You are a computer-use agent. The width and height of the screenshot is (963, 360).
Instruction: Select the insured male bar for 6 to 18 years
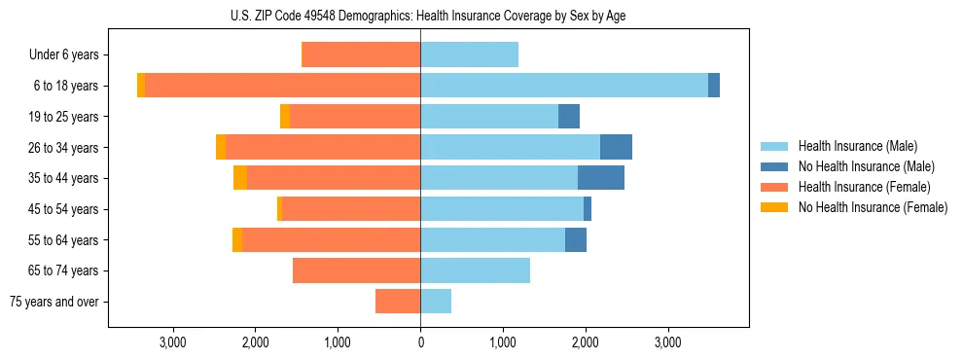(x=564, y=86)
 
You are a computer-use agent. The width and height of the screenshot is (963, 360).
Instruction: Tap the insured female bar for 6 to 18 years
(x=282, y=86)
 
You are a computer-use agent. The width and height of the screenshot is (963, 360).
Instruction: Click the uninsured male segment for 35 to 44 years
(x=601, y=178)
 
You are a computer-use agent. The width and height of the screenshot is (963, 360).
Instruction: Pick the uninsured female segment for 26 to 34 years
(x=221, y=147)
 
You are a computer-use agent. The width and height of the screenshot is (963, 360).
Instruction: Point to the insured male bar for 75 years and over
(x=436, y=302)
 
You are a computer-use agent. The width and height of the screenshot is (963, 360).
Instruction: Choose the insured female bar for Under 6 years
(x=361, y=54)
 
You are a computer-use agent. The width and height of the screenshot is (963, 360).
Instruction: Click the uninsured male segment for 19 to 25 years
(x=569, y=117)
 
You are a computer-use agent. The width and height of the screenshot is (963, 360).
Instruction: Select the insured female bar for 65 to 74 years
(x=356, y=270)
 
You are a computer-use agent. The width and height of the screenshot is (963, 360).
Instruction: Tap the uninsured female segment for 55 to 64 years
(x=237, y=239)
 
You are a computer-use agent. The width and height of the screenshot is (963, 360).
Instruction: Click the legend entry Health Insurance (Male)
(x=857, y=146)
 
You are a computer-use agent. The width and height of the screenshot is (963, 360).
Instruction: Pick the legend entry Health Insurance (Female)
(x=864, y=187)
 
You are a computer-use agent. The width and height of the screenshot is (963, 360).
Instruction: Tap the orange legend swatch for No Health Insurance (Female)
(x=774, y=207)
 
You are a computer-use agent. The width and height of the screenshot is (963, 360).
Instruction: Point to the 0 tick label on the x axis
(x=420, y=342)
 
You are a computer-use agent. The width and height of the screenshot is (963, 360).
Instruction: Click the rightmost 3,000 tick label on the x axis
(x=667, y=342)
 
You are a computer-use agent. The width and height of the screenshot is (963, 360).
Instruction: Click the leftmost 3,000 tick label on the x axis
(x=173, y=342)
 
